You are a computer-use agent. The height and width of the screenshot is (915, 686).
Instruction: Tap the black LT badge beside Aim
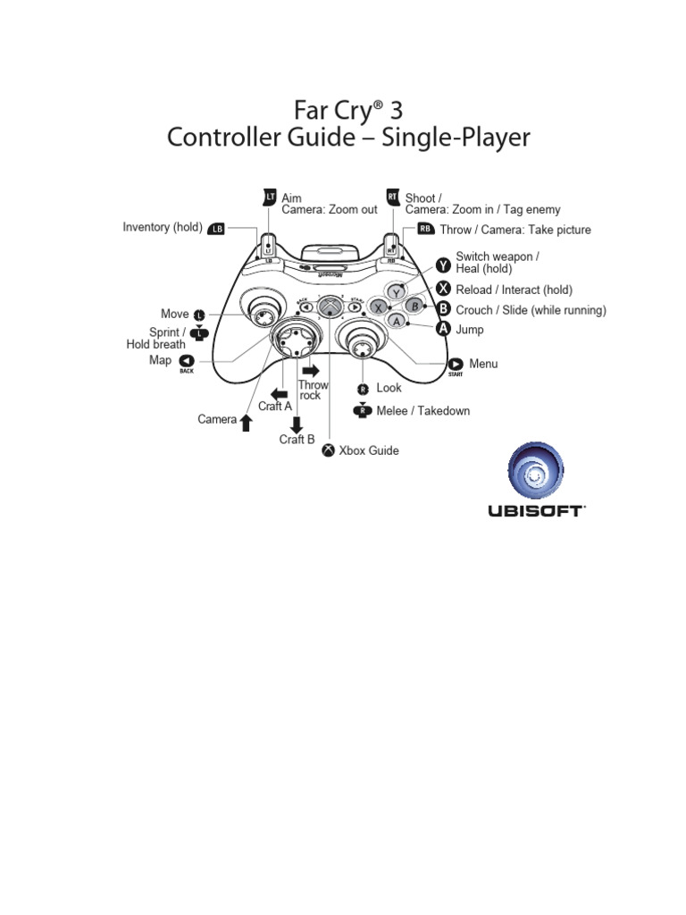coord(270,196)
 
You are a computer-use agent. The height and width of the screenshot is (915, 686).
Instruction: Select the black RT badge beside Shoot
coord(392,196)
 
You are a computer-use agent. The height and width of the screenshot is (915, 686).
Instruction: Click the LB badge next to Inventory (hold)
coord(216,229)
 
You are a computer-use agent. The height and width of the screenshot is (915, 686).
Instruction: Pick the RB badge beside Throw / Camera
coord(425,229)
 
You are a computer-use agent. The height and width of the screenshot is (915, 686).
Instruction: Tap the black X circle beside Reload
coord(444,288)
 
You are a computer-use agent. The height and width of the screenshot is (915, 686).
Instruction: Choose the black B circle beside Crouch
coord(444,308)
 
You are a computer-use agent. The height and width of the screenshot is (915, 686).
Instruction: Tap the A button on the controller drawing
coord(397,320)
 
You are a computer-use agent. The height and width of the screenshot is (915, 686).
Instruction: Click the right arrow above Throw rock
coord(311,370)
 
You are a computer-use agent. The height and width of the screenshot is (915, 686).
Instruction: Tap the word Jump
coord(470,330)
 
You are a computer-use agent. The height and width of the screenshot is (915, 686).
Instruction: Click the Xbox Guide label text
coord(368,451)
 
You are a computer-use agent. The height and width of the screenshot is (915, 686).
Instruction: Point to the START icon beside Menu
coord(456,364)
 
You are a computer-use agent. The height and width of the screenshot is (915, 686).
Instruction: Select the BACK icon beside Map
coord(187,361)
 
